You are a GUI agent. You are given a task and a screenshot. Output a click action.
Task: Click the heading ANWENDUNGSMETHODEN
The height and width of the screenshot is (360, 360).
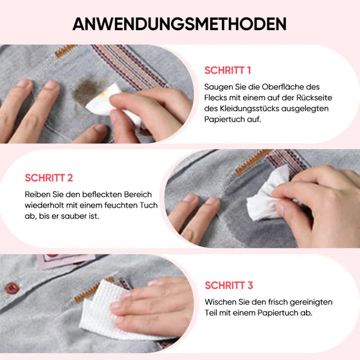(179, 24)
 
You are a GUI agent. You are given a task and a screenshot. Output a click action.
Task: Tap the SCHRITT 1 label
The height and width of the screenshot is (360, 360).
(228, 71)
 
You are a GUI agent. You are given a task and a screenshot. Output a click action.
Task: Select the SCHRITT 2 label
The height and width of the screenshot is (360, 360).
(49, 178)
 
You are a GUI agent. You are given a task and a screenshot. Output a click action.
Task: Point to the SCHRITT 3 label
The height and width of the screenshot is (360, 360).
(229, 285)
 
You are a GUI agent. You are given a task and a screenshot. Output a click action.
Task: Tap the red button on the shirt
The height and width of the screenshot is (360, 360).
(12, 288)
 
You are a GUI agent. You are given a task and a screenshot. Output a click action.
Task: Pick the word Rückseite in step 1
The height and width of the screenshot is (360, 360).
(314, 98)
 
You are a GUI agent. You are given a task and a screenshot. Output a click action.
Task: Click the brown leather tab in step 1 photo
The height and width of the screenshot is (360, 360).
(65, 51)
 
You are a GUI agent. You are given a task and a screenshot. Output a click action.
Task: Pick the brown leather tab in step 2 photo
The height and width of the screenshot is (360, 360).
(252, 161)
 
